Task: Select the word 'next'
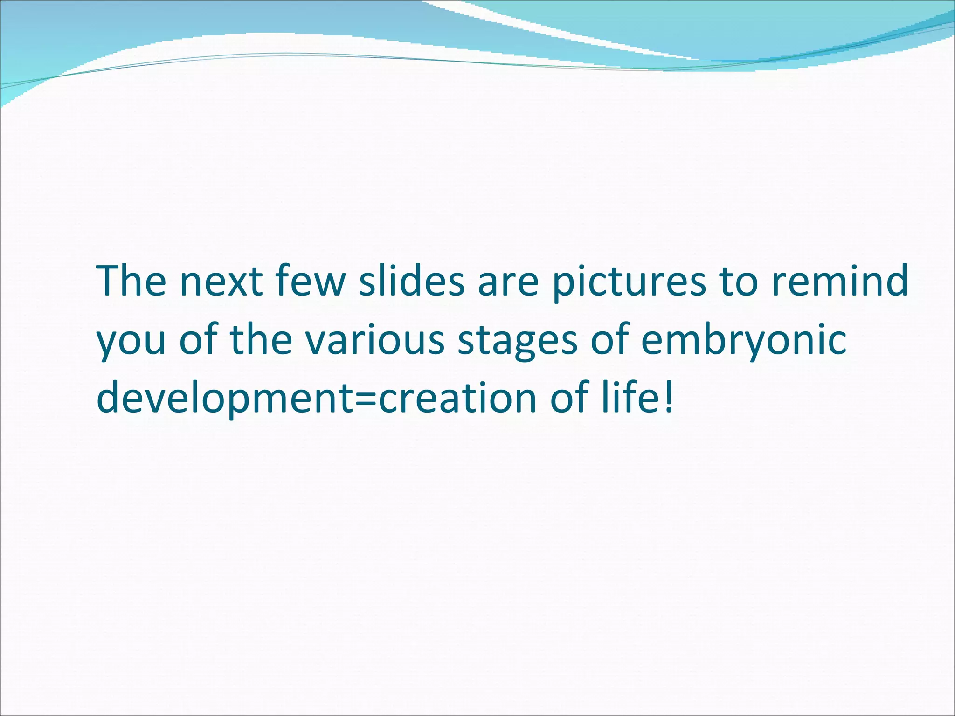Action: coord(221,282)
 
